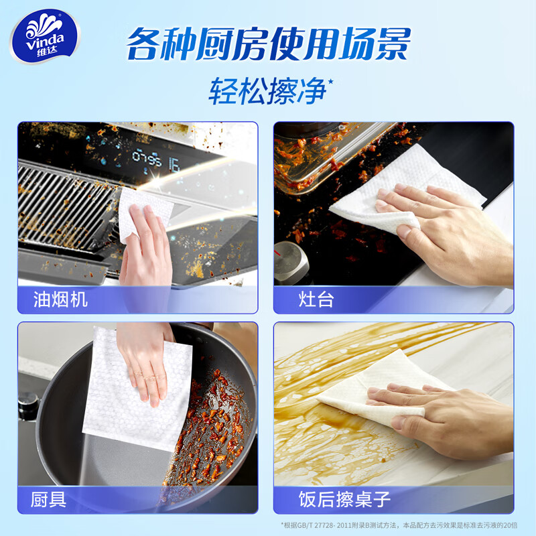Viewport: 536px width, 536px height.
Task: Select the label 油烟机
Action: click(61, 299)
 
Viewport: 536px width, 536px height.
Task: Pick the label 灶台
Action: click(316, 299)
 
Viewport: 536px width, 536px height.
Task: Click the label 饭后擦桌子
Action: click(344, 499)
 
